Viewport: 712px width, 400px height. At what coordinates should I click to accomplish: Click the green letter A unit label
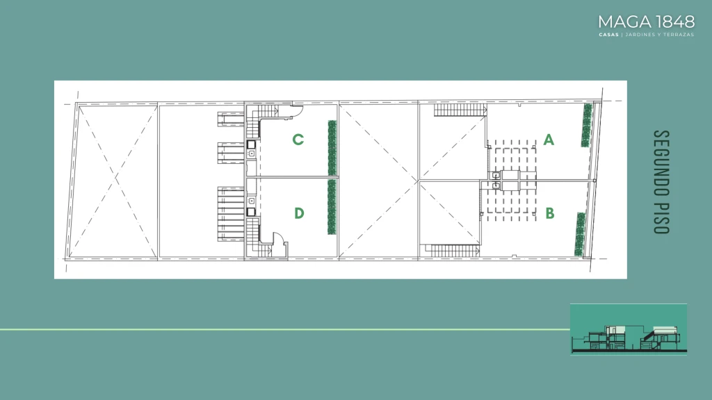(x=549, y=140)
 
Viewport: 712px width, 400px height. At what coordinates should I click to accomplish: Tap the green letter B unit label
(x=550, y=213)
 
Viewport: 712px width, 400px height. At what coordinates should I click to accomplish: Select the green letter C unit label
(x=298, y=140)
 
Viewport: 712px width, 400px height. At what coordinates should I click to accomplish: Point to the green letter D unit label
(x=299, y=213)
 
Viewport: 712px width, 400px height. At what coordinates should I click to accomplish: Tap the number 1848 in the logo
(x=676, y=22)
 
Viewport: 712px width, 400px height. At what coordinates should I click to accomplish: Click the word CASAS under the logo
(x=608, y=35)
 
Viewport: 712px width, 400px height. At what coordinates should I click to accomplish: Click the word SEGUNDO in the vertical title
(x=662, y=163)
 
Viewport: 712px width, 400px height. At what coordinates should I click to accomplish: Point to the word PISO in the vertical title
(x=662, y=217)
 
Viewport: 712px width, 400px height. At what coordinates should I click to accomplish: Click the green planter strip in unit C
(x=332, y=148)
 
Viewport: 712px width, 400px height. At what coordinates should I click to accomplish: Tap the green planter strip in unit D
(x=332, y=207)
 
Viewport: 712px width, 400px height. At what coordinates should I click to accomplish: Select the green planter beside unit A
(x=587, y=125)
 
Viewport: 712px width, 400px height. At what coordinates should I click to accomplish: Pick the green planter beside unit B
(x=580, y=234)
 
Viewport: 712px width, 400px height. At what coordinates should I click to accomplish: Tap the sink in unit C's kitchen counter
(x=251, y=154)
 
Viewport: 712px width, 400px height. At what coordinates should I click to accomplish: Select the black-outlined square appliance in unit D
(x=251, y=212)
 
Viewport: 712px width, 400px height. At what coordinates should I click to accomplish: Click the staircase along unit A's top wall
(x=460, y=110)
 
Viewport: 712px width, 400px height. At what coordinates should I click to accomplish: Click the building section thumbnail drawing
(x=629, y=329)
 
